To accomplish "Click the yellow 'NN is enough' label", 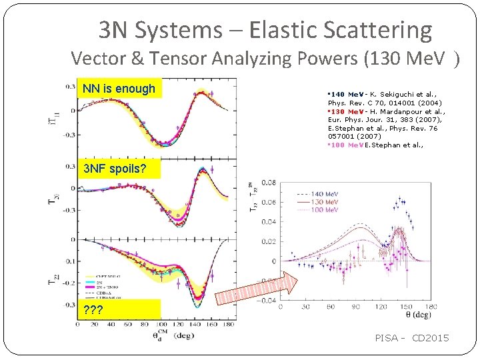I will coord(119,89).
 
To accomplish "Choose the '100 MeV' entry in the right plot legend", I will coord(325,209).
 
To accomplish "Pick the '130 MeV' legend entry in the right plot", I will coord(325,201).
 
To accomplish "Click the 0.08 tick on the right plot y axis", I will coord(268,181).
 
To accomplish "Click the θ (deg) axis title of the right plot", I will coord(417,314).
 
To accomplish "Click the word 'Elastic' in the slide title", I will coord(280,30).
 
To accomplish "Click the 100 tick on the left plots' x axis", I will coord(161,325).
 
